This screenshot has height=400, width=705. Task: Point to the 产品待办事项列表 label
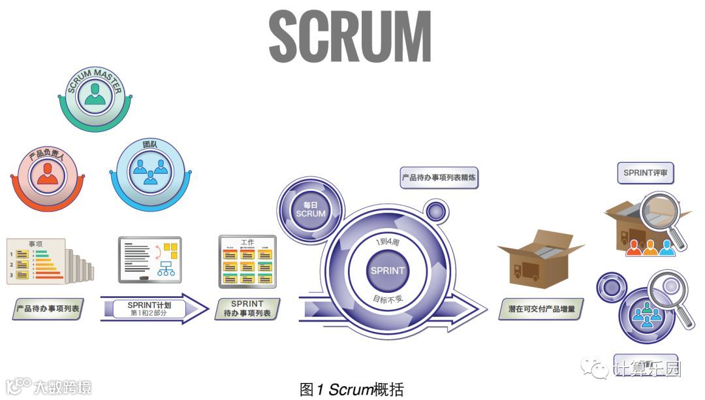[x=48, y=308]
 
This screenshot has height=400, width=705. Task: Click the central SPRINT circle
[x=387, y=270]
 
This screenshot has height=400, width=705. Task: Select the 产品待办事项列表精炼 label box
[x=439, y=177]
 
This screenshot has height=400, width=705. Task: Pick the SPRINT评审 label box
[x=644, y=173]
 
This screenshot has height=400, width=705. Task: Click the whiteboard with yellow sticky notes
[x=150, y=259]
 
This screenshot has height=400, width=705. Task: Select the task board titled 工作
[x=247, y=263]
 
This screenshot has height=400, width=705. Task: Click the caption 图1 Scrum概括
[x=352, y=390]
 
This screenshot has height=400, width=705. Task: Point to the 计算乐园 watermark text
[x=646, y=369]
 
